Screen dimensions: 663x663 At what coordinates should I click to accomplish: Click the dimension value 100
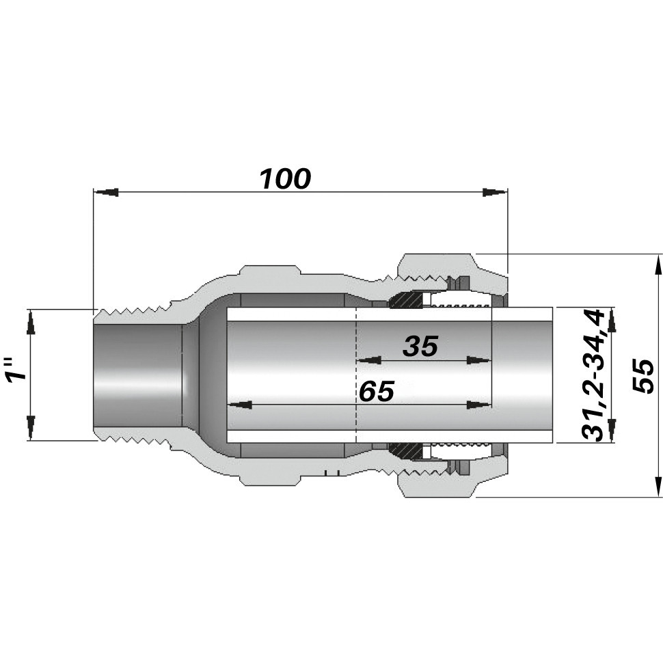[285, 179]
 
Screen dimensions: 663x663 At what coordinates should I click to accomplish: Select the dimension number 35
[420, 347]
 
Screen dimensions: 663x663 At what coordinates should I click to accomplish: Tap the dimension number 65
[377, 392]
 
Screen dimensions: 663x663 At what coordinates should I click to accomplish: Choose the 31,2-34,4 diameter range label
[592, 375]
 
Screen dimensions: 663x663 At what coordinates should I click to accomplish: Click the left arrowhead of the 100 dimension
[107, 192]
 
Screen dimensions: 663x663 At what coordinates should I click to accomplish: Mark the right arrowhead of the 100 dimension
[494, 192]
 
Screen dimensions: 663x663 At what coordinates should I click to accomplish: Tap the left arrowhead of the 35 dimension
[369, 360]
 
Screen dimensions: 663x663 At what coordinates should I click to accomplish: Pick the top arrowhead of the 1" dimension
[30, 322]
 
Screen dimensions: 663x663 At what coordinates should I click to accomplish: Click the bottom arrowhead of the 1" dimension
[30, 427]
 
